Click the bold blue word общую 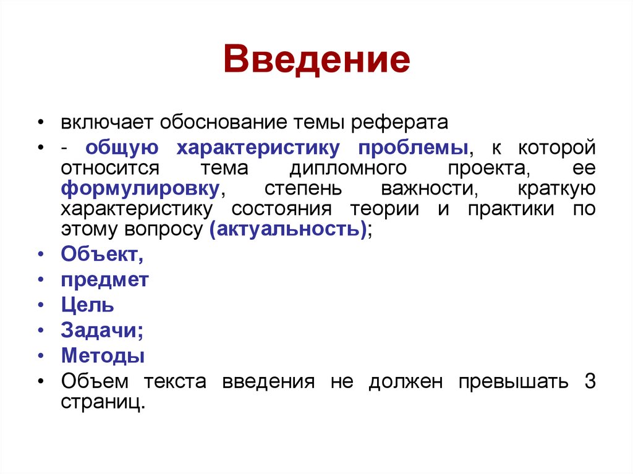122,148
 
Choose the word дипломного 347,168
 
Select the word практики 511,208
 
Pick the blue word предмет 105,279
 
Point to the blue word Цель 87,305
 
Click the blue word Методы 103,356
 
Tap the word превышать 513,381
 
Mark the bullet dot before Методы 40,357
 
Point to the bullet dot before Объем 40,382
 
